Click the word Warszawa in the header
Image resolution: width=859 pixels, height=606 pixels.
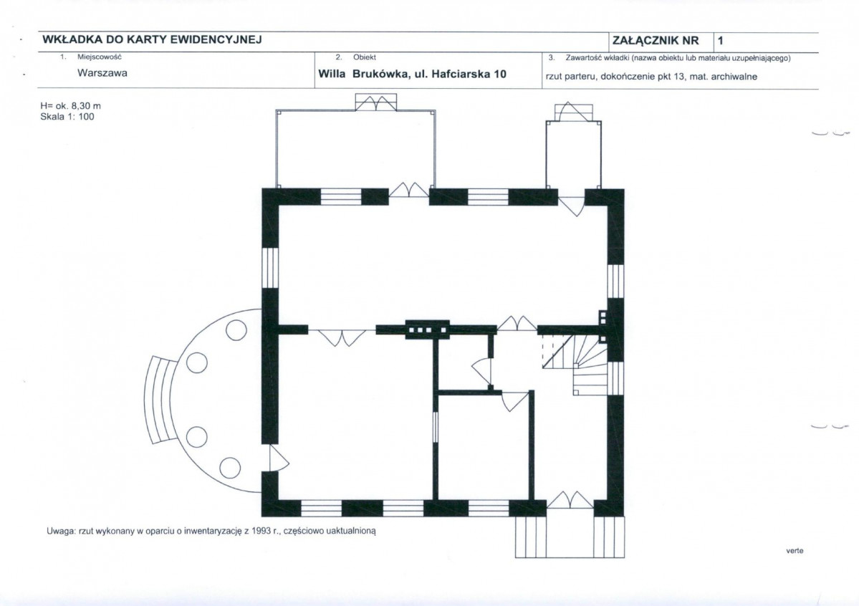(102, 73)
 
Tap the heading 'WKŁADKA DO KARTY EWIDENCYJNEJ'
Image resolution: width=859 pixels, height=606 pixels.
(153, 39)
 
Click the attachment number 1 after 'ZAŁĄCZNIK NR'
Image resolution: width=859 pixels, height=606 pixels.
(721, 41)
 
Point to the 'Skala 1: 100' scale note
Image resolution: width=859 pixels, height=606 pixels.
(67, 117)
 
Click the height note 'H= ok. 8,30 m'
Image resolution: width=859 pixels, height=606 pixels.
(70, 106)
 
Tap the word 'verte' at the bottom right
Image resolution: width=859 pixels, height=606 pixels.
(795, 551)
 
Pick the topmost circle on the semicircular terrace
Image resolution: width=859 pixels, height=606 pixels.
(236, 330)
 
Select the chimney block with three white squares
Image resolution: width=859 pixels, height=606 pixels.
(427, 330)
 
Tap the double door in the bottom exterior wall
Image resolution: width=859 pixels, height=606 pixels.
(570, 500)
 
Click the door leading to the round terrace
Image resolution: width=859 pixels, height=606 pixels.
(279, 458)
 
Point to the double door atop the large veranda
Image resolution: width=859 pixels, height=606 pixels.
(376, 102)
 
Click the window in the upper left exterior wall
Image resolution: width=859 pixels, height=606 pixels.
(270, 268)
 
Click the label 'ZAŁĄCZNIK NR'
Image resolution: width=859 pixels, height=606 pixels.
(656, 41)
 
